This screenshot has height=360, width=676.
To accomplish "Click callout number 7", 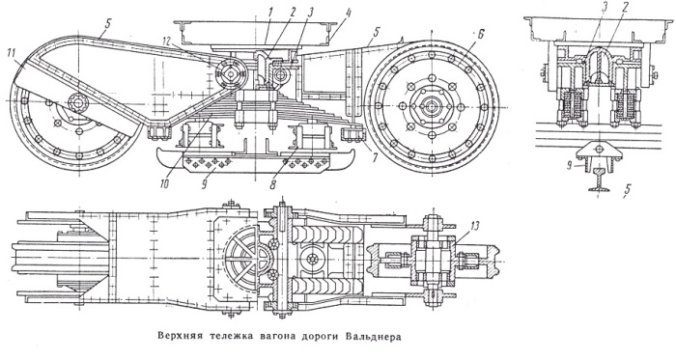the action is pos(374,158).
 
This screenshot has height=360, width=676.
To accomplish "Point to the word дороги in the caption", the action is pos(318,337).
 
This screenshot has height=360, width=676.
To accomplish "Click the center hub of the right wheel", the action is pos(431,106).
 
